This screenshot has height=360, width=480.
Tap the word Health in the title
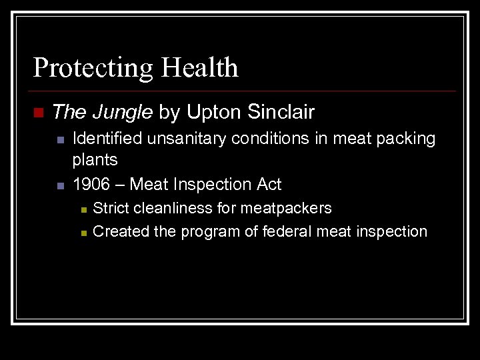point(201,68)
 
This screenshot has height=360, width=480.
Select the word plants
point(95,160)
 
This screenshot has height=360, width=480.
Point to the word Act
point(267,184)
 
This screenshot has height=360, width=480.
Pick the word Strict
point(111,208)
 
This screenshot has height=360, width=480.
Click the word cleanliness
point(174,208)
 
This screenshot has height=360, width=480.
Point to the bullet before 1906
point(59,185)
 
